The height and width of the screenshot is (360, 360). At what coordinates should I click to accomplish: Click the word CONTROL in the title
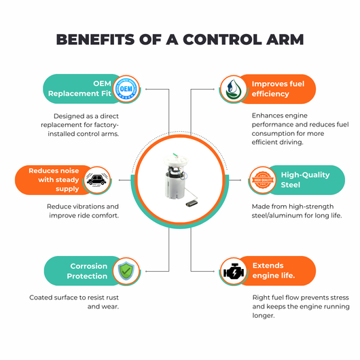click(x=222, y=39)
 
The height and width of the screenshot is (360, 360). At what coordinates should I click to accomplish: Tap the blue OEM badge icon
click(x=126, y=89)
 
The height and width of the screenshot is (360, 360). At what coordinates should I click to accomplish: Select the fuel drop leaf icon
click(x=233, y=89)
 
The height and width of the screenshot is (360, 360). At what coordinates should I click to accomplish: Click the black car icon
click(x=96, y=180)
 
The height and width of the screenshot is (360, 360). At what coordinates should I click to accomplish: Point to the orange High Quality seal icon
click(x=263, y=180)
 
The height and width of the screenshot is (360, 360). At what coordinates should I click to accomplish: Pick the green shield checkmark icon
click(x=126, y=271)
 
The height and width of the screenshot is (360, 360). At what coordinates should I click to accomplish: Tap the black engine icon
click(x=234, y=271)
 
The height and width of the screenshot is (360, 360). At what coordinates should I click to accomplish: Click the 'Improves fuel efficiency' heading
click(x=278, y=89)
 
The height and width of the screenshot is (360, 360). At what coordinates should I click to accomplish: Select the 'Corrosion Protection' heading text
click(x=87, y=271)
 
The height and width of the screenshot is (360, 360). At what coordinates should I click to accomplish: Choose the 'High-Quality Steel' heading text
click(x=305, y=180)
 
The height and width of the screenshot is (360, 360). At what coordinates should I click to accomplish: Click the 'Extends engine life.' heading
click(x=274, y=270)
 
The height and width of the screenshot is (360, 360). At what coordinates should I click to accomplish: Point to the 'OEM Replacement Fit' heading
click(x=79, y=88)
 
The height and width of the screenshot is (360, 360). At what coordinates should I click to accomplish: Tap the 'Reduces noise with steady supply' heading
click(x=54, y=180)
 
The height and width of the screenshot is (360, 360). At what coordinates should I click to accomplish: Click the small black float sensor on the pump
click(x=192, y=203)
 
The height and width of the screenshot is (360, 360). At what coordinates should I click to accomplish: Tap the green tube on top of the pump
click(x=175, y=155)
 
